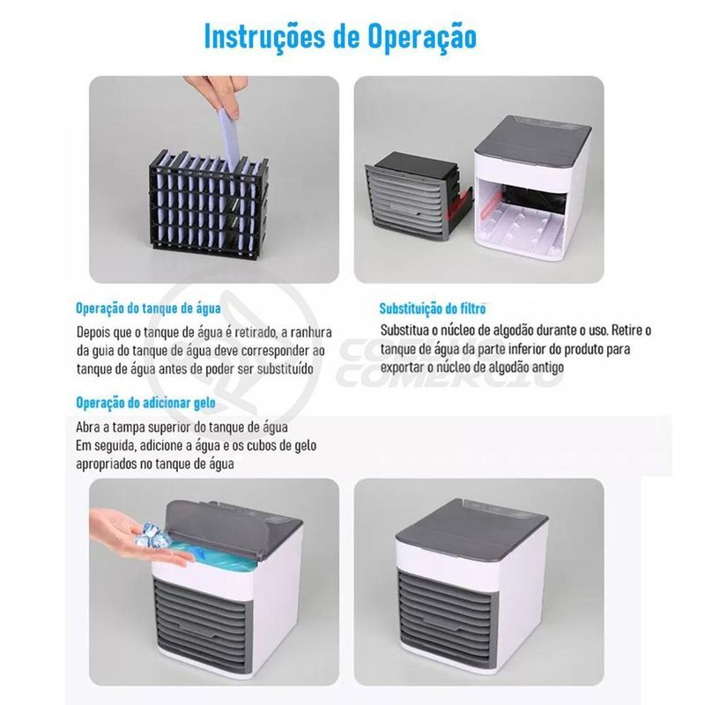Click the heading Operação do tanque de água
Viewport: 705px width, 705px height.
(148, 308)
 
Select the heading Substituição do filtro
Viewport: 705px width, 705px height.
(433, 308)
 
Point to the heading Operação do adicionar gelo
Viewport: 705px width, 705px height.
(145, 403)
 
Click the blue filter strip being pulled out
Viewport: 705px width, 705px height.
(228, 139)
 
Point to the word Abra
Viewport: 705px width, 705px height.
(89, 427)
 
